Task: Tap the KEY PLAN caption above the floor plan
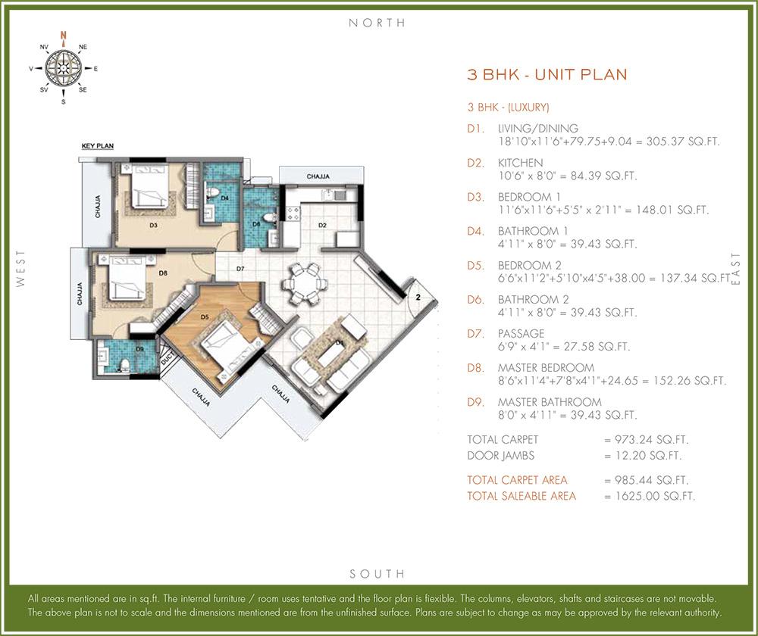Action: click(x=97, y=145)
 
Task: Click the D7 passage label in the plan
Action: click(x=240, y=269)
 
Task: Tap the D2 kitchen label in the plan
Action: click(x=322, y=225)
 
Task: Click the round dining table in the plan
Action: click(x=306, y=282)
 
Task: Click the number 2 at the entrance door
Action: click(x=417, y=298)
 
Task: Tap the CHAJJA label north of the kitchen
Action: click(x=318, y=176)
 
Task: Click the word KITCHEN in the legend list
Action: click(x=520, y=163)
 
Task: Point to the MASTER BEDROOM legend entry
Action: click(x=546, y=368)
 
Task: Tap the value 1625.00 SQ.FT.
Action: click(x=650, y=497)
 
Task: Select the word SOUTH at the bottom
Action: click(x=377, y=573)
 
